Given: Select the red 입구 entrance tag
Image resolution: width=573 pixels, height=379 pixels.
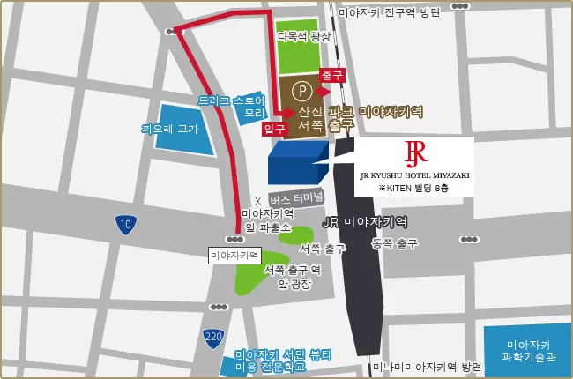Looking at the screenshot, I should (x=275, y=129).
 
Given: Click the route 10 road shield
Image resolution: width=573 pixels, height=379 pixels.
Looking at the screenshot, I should (x=125, y=225).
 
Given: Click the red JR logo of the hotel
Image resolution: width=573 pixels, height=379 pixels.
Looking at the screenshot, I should (x=414, y=153).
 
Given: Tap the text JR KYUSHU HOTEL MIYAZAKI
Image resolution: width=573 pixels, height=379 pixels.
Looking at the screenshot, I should (x=414, y=176).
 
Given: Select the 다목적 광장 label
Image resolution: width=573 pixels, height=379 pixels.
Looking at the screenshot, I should (x=303, y=36).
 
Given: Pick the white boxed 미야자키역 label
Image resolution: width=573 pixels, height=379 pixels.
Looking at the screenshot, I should (x=236, y=256).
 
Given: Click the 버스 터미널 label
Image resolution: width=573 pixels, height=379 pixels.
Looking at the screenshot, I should (x=297, y=197).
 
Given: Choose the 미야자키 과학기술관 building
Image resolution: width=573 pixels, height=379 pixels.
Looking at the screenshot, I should (x=528, y=351).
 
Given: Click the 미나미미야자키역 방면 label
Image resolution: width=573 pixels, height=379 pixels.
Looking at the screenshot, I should (x=427, y=367).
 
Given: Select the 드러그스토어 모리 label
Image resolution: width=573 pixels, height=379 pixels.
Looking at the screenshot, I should (x=232, y=107).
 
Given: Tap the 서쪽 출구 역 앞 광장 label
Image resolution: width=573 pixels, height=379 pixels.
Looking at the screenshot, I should (x=291, y=277).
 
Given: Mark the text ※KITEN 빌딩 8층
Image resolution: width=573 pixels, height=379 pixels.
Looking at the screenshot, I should (x=414, y=189).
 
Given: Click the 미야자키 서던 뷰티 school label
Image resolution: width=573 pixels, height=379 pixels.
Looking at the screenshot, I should (x=282, y=360).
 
